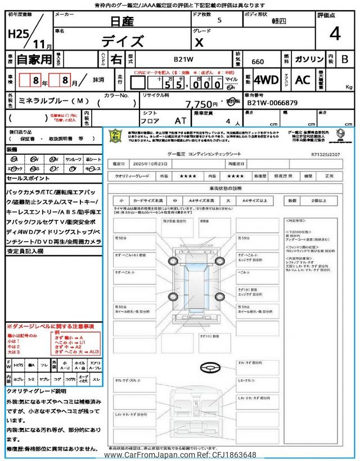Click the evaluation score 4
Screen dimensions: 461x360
pos(335,34)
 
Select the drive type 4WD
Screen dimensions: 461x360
pos(265,80)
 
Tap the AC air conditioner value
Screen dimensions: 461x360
pos(303,80)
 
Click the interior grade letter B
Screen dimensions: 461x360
pos(344,59)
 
